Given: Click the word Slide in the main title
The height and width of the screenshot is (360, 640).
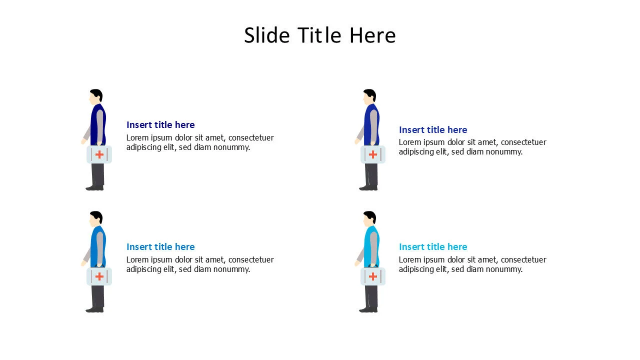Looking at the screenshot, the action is point(267,35).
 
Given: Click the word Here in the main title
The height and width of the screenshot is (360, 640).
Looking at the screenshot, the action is point(372,35).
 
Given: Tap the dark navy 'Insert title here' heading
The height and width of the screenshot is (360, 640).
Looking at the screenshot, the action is point(160,125).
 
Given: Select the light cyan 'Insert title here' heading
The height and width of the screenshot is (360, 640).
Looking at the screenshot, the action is point(433,247).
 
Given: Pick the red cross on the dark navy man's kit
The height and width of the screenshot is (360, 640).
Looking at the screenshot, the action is point(99,154).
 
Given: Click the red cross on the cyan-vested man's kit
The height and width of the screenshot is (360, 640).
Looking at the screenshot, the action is point(373,276).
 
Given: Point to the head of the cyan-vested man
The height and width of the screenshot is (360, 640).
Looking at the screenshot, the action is point(369,218).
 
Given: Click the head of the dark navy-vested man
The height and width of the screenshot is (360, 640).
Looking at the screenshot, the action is point(96,96).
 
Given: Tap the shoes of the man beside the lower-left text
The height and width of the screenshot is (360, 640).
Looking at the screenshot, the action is point(94,309).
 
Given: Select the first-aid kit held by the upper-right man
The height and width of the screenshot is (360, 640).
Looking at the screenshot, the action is point(373,154).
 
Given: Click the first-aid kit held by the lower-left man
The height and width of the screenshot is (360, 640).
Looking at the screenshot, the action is point(99,276).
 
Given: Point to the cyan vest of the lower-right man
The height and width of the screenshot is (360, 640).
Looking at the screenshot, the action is point(371,246).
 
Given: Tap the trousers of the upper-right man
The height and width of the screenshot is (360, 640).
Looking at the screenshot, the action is point(371,175).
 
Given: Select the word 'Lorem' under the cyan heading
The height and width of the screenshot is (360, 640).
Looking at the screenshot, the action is point(410,259).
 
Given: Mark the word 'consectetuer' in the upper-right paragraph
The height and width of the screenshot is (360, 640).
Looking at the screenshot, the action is point(523,142).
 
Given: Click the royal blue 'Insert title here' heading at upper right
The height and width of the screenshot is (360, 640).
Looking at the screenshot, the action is point(433,130).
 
